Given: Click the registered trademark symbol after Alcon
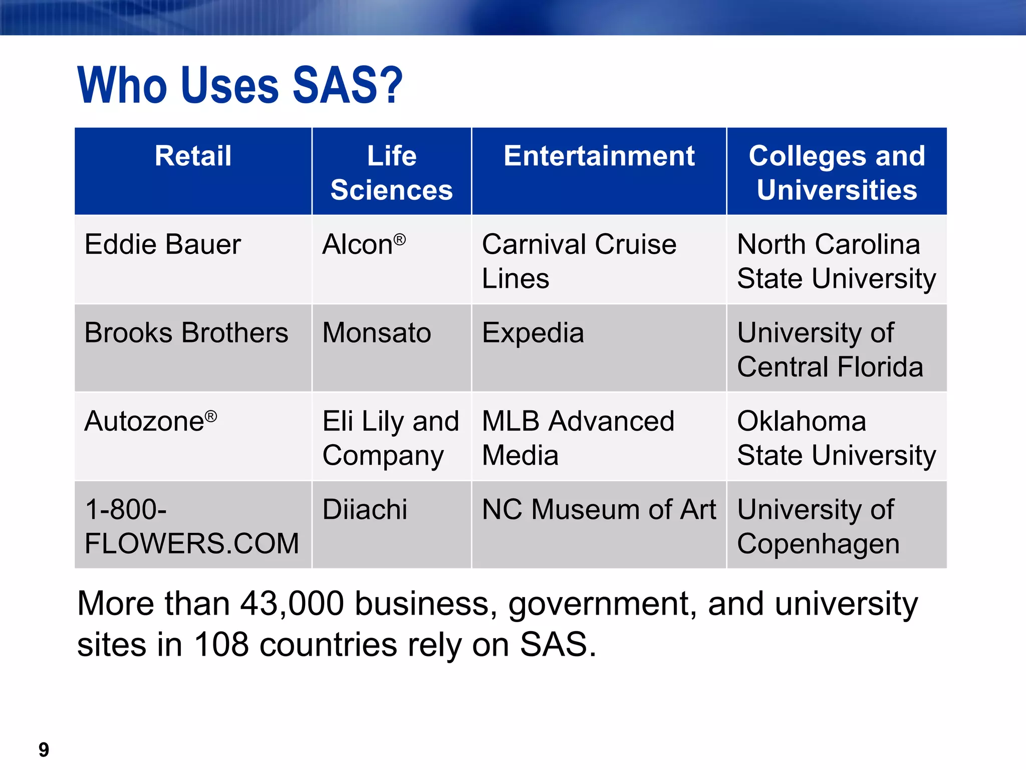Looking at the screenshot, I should tap(399, 239).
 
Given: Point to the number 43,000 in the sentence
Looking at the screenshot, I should tap(292, 604).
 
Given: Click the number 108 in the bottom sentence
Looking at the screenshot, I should tap(221, 645).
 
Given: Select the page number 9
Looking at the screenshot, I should tap(44, 750).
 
